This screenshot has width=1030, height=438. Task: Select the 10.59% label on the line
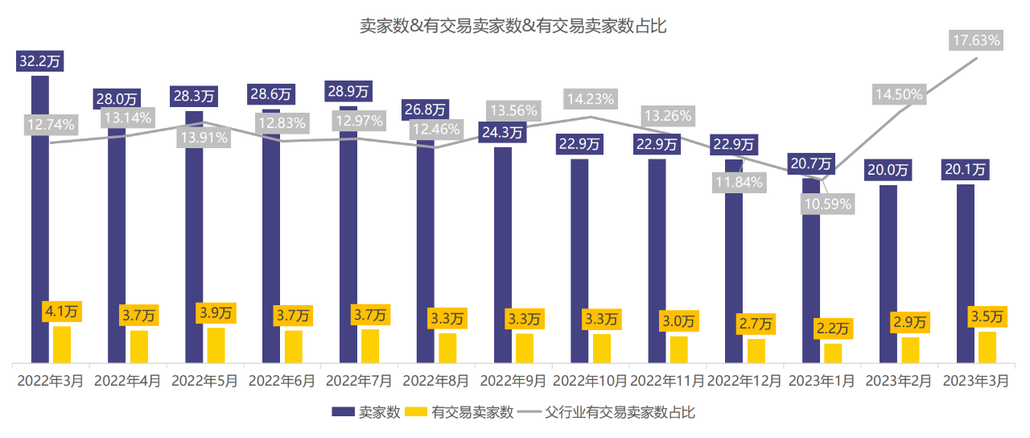point(827,204)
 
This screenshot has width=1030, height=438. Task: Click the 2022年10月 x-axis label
point(590,380)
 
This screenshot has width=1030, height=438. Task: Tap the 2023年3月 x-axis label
point(975,380)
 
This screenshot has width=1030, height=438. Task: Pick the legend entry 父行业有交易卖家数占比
point(618,412)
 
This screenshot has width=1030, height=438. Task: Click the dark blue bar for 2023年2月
point(888,274)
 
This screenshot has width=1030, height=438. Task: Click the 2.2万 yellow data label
point(833,328)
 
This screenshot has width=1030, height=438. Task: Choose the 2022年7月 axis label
point(359,380)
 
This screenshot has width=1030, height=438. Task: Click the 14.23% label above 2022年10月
point(591,99)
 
